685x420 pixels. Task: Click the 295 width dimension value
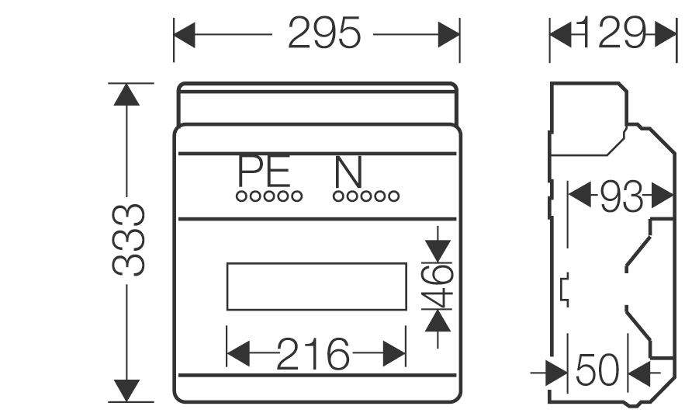[324, 33]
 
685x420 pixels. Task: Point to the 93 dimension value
[621, 199]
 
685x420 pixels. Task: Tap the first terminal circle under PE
[241, 196]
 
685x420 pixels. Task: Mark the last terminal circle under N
[395, 196]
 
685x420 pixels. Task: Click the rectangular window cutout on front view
[316, 286]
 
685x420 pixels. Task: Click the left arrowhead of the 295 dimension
[185, 33]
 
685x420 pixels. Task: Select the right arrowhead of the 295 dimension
[449, 33]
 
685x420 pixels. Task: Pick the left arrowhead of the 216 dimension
[237, 356]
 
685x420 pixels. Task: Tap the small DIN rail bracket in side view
[564, 288]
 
